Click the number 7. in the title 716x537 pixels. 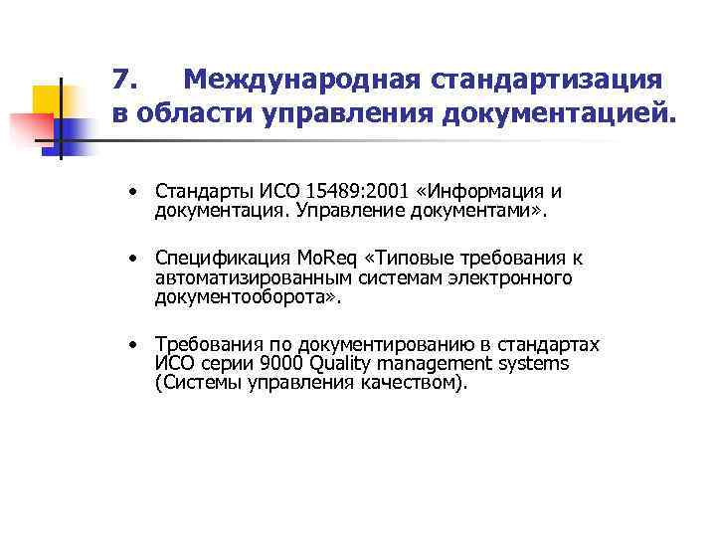pos(125,79)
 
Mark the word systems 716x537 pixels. pos(536,364)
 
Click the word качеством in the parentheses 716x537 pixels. pos(408,382)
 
